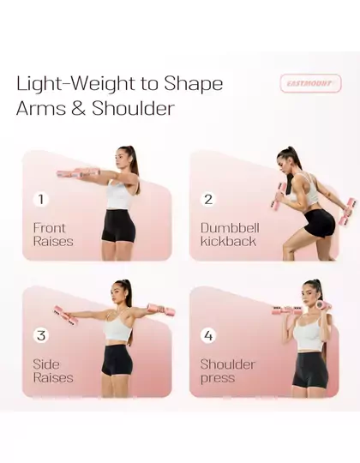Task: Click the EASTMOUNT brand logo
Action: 310,83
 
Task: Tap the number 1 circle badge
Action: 41,199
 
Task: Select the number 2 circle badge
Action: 208,199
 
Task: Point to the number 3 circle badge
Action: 41,335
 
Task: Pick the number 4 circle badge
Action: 208,335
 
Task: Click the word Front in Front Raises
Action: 49,228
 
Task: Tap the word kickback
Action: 228,241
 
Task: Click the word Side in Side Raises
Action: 46,364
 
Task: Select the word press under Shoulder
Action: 218,378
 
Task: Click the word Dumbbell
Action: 230,228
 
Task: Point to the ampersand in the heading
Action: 78,108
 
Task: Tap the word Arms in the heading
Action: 41,108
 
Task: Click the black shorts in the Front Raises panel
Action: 118,225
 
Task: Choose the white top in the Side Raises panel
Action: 118,327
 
